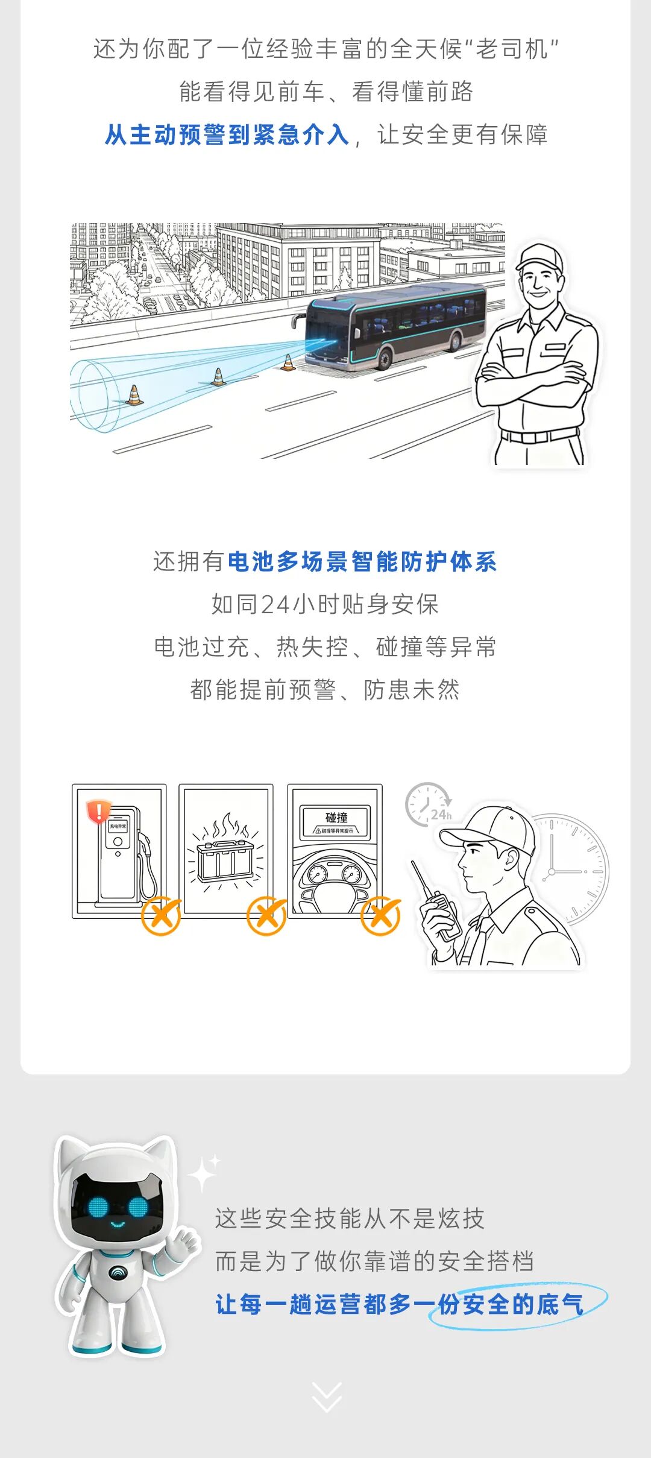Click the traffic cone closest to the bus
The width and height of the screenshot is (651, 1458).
coord(289,363)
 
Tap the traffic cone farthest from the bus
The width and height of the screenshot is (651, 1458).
coord(134,396)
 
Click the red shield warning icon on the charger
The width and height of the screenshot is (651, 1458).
coord(98,811)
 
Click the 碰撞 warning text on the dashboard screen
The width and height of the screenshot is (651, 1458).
coord(336,818)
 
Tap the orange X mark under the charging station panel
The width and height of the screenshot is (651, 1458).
coord(161,916)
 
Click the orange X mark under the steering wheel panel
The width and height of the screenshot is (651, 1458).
coord(380,916)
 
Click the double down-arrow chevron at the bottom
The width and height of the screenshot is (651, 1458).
coord(327,1397)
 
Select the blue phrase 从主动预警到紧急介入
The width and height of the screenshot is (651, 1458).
coord(227,135)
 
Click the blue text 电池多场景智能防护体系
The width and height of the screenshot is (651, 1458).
coord(362,562)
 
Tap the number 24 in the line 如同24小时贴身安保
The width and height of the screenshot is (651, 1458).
coord(275,604)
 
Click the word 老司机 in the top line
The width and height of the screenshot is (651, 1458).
coord(512,49)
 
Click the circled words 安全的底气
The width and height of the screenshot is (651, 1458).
coord(522,1305)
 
